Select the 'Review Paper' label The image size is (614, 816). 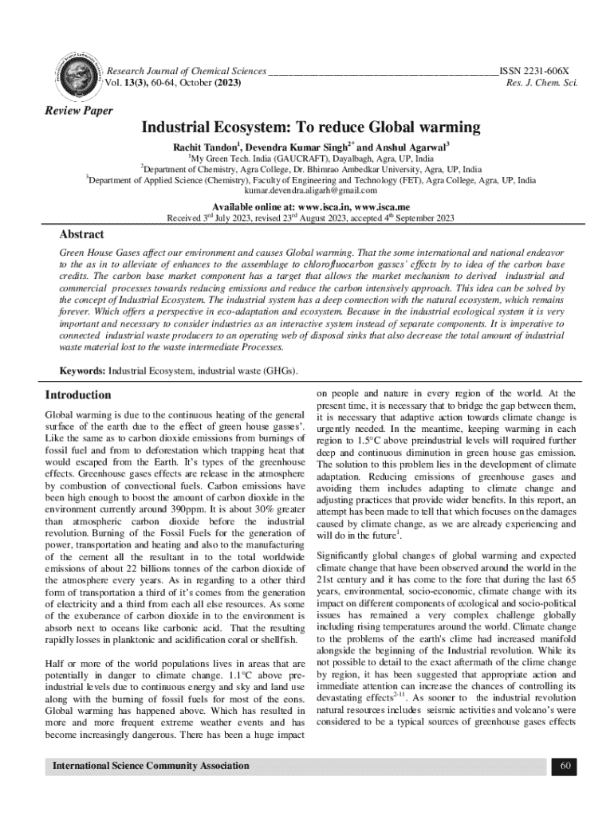pos(78,111)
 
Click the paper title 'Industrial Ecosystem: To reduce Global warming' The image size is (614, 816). pos(311,127)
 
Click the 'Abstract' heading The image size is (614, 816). pos(82,235)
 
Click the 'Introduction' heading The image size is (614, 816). pos(78,395)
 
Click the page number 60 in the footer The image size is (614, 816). pos(565,766)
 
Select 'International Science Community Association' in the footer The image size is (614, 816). pos(151,766)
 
